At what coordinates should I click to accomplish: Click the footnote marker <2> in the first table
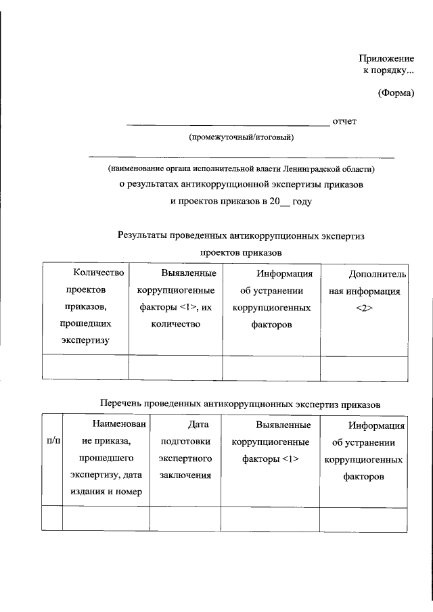364,309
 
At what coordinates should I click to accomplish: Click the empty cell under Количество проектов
85,367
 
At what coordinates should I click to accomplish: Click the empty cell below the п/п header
52,519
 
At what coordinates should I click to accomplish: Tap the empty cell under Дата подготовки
185,519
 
